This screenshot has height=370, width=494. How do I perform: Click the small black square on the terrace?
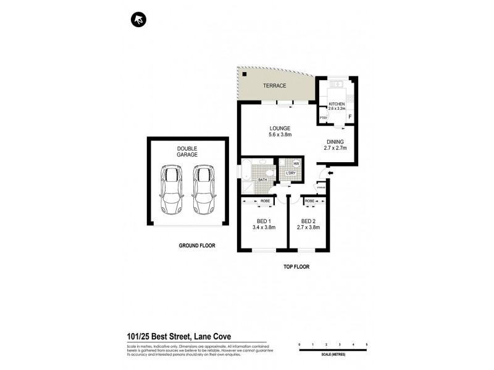(245, 75)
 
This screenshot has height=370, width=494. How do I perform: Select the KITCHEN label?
(337, 104)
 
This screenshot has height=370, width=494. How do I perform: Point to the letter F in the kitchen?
(350, 117)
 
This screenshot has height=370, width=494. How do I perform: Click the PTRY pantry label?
(323, 118)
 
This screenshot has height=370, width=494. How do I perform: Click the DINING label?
(335, 141)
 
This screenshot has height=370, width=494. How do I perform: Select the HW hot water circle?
(296, 163)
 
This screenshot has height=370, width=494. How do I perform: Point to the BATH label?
(262, 180)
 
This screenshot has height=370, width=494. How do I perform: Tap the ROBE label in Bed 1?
(264, 201)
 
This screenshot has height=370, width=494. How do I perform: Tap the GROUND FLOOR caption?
(196, 245)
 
